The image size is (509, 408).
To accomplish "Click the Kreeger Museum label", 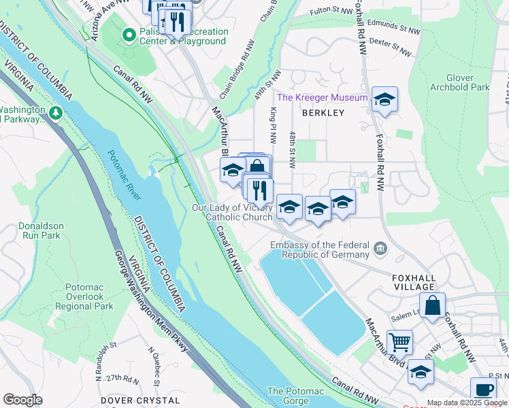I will click(322, 97).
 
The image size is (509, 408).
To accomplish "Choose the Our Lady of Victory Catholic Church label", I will click(233, 212).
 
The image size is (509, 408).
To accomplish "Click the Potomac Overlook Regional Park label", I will click(84, 297).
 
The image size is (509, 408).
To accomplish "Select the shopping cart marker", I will click(399, 341).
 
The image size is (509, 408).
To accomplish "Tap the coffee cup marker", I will click(483, 390).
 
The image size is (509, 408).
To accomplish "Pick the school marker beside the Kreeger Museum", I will click(384, 99).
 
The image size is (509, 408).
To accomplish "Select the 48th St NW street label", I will click(292, 150).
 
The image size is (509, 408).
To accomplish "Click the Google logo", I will click(22, 400).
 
